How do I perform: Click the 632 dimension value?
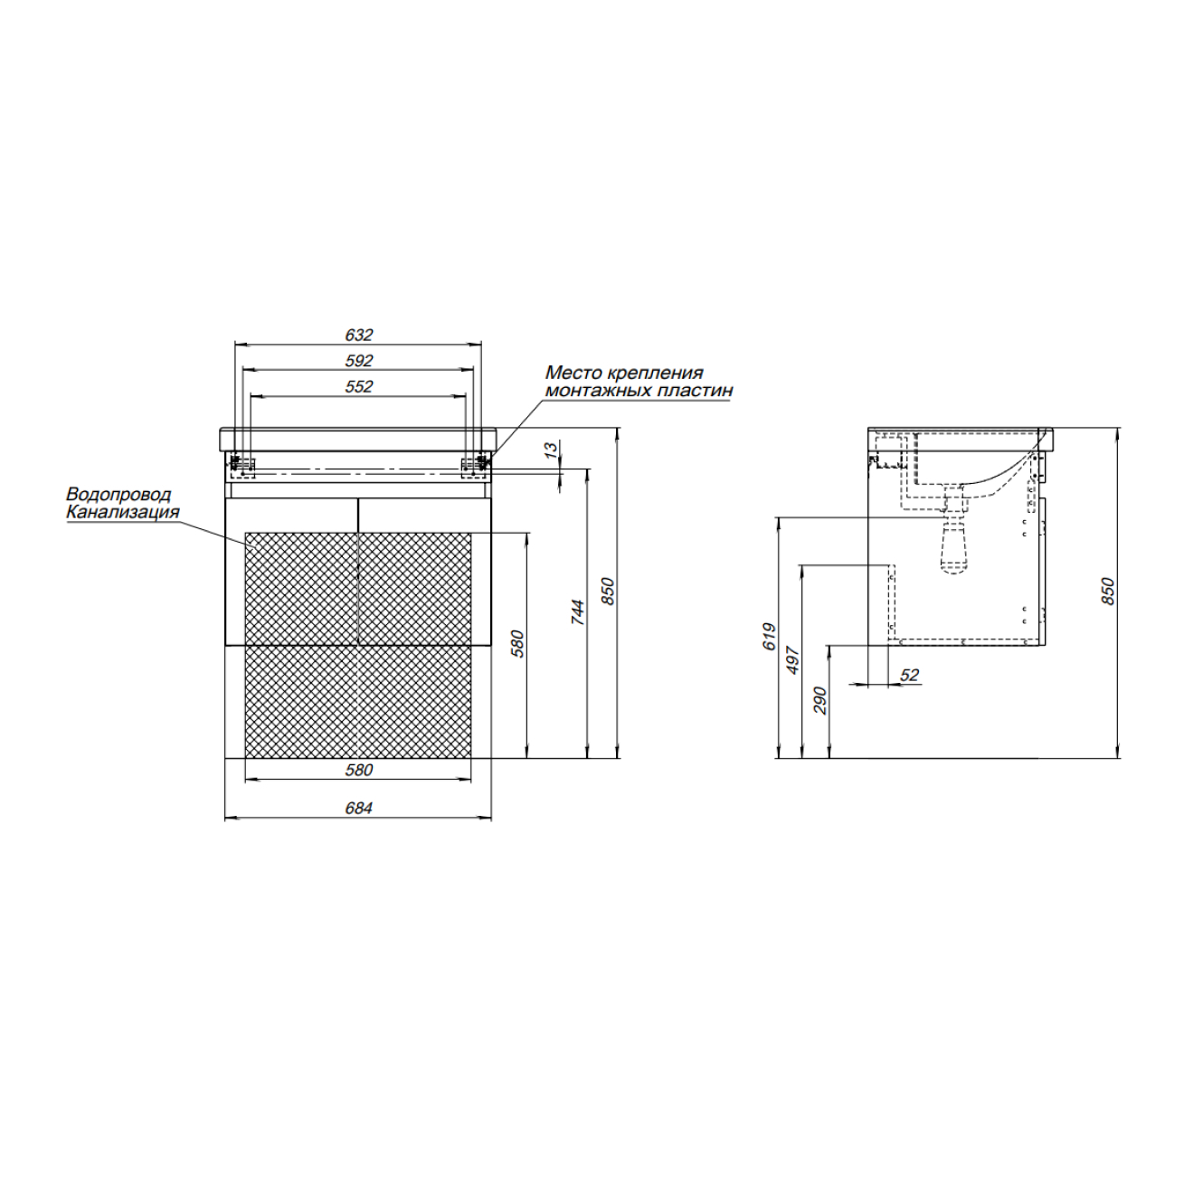coord(358,336)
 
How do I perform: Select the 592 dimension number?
coord(358,361)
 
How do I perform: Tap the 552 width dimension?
coord(358,386)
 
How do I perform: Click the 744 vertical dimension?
coord(578,612)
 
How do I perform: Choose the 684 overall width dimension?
coord(358,809)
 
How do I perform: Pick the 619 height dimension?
coord(769,637)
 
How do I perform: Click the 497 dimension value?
coord(792,660)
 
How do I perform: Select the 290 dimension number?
coord(820,700)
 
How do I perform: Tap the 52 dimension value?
coord(910,675)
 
